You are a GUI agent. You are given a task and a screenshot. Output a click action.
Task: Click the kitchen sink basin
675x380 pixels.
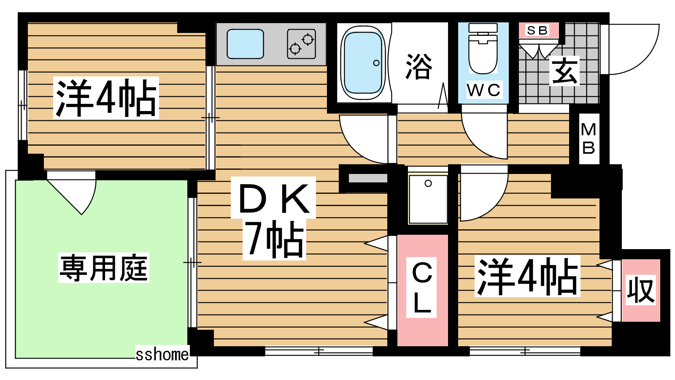(x=245, y=44)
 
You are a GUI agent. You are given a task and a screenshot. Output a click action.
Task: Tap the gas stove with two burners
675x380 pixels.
(x=301, y=44)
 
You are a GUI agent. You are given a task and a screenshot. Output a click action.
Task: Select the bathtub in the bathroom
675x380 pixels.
(x=363, y=63)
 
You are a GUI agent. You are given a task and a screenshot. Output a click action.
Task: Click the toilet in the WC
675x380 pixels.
(x=483, y=48)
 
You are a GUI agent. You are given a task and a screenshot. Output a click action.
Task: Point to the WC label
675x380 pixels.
(x=483, y=90)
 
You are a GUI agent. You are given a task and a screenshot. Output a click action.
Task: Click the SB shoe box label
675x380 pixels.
(x=537, y=30)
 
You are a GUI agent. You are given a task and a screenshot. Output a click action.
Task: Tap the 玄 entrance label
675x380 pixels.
(x=564, y=71)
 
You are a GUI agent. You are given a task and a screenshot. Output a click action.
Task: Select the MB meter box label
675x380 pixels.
(x=589, y=139)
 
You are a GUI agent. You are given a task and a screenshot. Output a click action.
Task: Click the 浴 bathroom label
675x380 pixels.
(x=419, y=66)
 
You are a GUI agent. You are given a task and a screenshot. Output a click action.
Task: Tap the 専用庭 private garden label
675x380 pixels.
(x=104, y=268)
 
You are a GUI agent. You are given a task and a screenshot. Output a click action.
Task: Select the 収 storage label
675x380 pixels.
(x=641, y=290)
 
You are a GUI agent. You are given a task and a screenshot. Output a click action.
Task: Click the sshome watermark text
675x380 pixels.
(x=162, y=354)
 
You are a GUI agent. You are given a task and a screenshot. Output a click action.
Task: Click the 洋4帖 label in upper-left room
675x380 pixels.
(x=106, y=98)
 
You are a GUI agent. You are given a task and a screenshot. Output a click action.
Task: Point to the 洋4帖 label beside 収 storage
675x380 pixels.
(x=527, y=276)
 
